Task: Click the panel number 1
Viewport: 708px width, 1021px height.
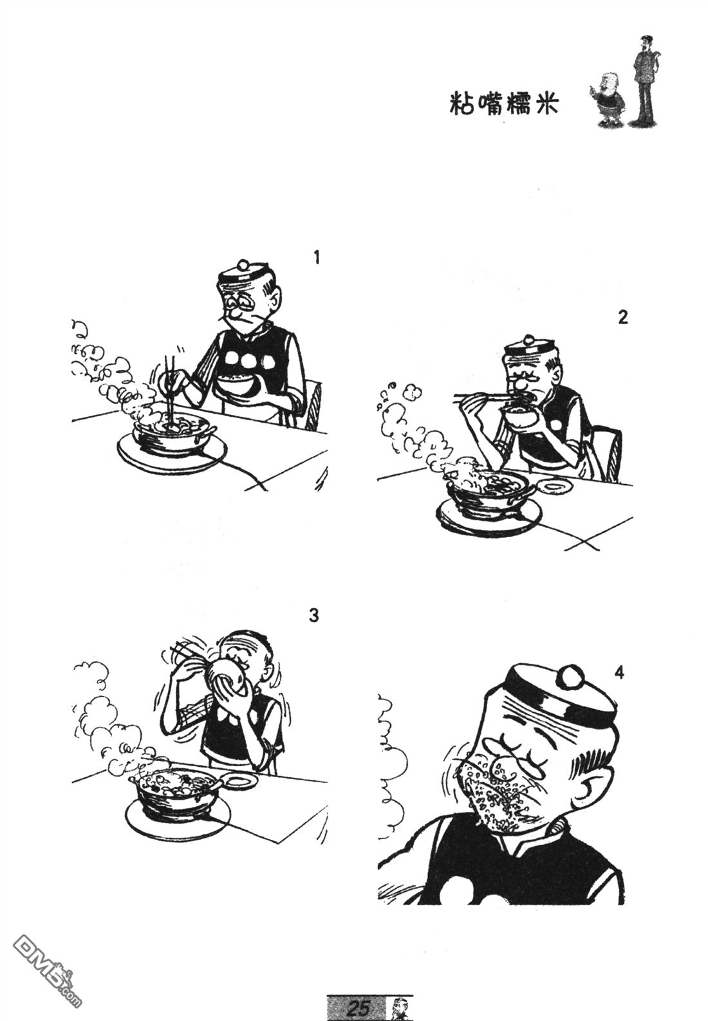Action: point(315,258)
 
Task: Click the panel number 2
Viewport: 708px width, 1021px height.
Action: point(622,318)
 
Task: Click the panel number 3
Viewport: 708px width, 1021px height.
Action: point(313,616)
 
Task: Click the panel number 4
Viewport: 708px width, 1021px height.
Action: point(619,674)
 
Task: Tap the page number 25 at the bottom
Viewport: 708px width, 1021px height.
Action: point(357,1007)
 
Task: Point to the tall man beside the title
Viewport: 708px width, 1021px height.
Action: point(644,77)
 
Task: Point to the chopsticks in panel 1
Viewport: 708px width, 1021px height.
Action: point(171,386)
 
